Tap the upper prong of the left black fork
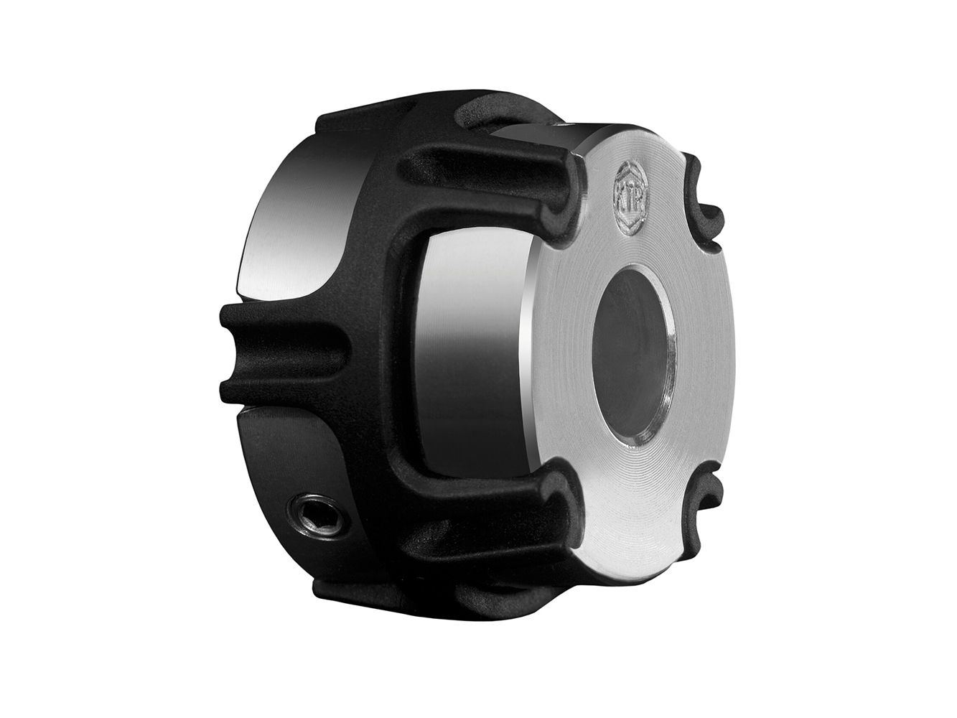[284, 319]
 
